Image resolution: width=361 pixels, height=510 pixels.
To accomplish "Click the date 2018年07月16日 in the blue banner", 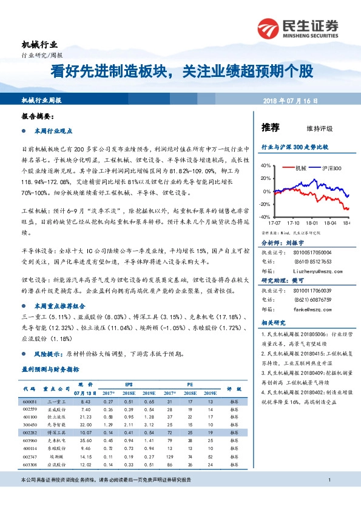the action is [291, 101].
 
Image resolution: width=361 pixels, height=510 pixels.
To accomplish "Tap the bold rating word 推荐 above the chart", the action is [270, 127].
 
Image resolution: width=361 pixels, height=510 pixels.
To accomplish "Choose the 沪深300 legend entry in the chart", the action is [332, 168].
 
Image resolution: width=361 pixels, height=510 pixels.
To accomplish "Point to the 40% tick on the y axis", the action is [265, 165].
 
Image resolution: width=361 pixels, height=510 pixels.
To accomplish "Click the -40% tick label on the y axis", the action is [264, 217].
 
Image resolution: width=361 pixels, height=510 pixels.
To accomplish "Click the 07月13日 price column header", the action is [86, 392].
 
